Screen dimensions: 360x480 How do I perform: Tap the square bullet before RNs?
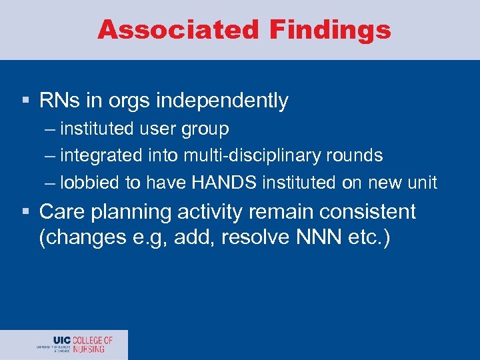click(x=25, y=101)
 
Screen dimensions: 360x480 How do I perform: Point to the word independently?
click(x=222, y=101)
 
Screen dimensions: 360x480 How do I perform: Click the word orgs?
click(x=128, y=101)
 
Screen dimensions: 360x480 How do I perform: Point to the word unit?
click(x=422, y=183)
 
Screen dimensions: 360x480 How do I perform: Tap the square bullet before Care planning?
click(x=25, y=213)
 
